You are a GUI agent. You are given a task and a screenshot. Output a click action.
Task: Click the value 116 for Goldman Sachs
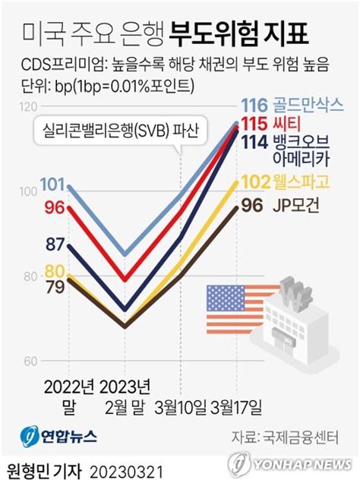[254, 106]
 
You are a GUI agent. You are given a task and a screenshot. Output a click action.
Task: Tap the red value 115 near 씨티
[254, 122]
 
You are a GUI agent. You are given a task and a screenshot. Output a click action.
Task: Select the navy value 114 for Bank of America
[254, 140]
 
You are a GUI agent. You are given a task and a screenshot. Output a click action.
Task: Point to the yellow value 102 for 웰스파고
[254, 182]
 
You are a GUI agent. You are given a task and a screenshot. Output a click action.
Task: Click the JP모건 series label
[296, 204]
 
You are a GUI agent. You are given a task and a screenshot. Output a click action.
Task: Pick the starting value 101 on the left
[51, 184]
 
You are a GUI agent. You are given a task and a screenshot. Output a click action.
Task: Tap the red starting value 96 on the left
[53, 206]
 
